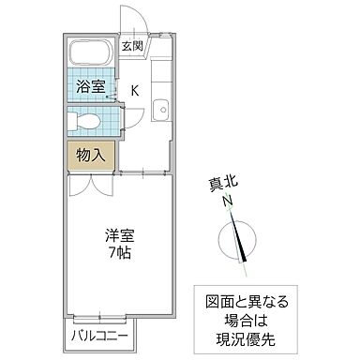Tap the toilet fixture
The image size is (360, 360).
point(85,121)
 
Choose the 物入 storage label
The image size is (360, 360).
point(90,154)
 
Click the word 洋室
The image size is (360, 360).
point(117,236)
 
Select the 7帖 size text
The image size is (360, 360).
point(117,254)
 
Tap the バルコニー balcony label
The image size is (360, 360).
point(97,334)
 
